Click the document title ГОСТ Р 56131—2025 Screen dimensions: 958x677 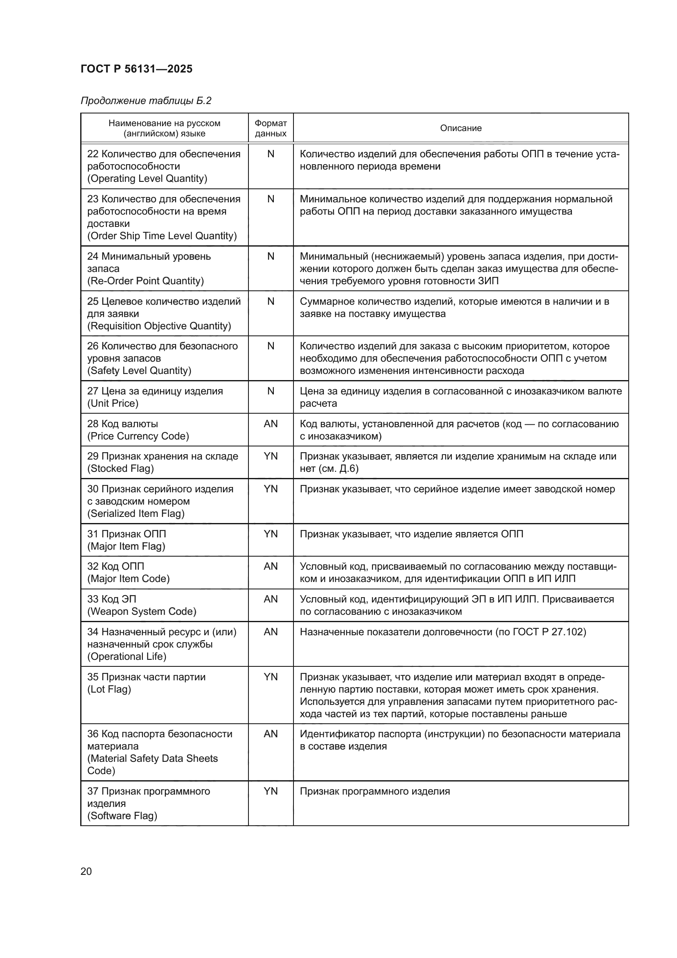tap(136, 69)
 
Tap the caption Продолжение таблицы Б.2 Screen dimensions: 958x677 tap(146, 101)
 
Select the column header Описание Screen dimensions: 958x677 tap(460, 128)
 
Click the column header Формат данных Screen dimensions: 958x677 tap(271, 128)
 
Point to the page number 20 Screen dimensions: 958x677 tap(86, 871)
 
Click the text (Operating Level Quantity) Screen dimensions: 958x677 tap(147, 179)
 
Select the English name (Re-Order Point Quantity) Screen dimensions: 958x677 tap(145, 281)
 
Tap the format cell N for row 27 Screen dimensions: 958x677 tap(271, 391)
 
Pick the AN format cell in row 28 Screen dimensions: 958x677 tap(271, 424)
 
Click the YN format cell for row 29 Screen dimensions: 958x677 tap(271, 456)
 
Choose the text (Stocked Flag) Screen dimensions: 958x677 tap(120, 469)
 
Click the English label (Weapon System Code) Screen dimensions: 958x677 tap(142, 611)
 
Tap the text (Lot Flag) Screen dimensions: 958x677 tap(109, 689)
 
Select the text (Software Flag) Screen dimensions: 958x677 tap(122, 816)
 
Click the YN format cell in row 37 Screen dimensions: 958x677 tap(271, 791)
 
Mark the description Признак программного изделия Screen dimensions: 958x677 tap(375, 791)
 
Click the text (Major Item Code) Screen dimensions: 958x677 tap(129, 579)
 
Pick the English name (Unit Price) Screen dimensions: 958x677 tap(113, 403)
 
